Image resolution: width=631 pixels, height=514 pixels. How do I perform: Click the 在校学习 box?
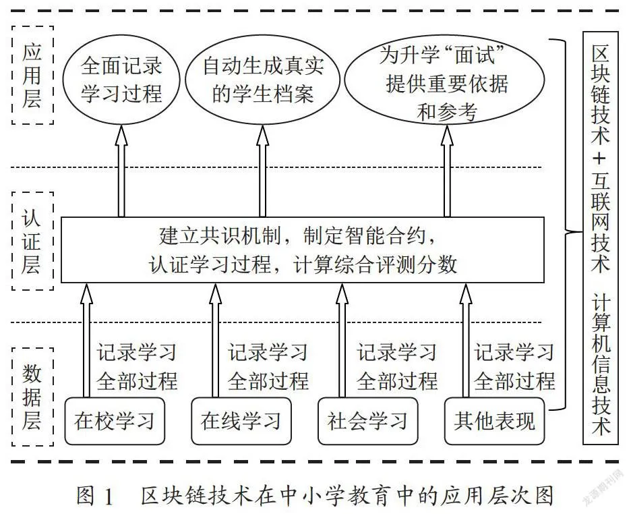115,421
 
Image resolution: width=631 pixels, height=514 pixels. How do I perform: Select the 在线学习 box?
241,421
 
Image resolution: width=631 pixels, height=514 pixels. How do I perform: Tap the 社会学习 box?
368,421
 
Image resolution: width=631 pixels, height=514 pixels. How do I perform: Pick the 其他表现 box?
495,421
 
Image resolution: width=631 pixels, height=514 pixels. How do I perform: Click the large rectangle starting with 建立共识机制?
303,250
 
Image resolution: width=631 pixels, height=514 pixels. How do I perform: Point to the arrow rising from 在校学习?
86,341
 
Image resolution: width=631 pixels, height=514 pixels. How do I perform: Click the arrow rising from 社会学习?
342,341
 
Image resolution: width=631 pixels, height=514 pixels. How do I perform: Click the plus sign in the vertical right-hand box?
599,159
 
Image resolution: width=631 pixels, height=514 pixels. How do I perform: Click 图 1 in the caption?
95,496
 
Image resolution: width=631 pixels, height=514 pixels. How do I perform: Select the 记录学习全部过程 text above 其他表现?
514,367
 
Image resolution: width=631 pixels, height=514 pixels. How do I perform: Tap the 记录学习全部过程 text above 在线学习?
268,367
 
